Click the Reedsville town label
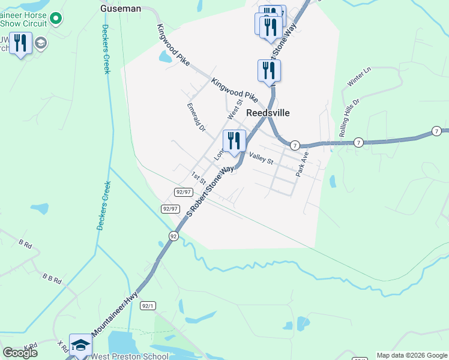tap(268, 113)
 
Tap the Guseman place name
tap(121, 8)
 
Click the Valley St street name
tap(261, 158)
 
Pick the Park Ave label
tap(302, 163)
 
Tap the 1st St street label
tap(199, 178)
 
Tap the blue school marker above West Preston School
tap(80, 345)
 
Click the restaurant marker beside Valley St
tap(234, 142)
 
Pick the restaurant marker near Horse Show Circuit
tap(21, 43)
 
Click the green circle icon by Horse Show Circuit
tap(56, 19)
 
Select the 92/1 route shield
tap(148, 305)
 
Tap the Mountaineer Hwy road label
tap(115, 313)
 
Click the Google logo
tap(20, 353)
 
